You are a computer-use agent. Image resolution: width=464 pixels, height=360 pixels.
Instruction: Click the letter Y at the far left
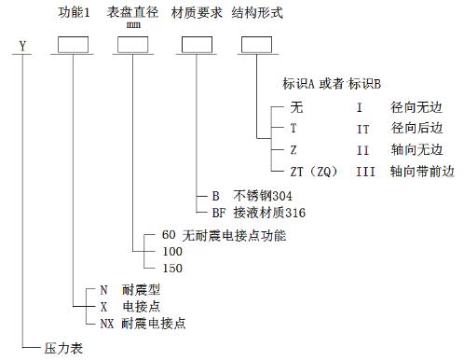[22, 47]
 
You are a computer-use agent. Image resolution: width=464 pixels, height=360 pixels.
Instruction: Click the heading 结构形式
[257, 13]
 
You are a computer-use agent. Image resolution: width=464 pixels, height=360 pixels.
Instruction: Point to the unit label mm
[133, 25]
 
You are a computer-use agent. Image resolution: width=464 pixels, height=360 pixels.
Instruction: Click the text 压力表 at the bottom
[63, 348]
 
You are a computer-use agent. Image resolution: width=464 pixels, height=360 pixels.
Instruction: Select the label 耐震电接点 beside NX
[154, 324]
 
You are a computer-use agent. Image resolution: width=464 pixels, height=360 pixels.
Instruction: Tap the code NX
[107, 324]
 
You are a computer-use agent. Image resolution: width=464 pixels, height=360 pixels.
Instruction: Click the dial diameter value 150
[172, 269]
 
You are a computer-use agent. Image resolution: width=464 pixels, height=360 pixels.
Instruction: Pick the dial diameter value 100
[172, 252]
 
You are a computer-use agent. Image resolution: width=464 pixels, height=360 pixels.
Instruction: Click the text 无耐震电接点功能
[234, 235]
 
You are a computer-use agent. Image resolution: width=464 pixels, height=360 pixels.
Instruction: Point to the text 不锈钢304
[263, 196]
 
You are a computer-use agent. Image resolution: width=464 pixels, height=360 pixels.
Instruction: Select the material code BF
[219, 213]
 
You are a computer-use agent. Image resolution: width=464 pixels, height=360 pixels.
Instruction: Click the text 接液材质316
[269, 213]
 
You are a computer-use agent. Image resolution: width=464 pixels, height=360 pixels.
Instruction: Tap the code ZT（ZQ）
[314, 172]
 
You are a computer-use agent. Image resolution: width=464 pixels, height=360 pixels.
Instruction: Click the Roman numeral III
[365, 172]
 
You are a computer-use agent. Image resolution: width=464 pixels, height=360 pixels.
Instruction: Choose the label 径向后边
[416, 128]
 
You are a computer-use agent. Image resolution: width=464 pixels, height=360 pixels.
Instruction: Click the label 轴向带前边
[422, 172]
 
